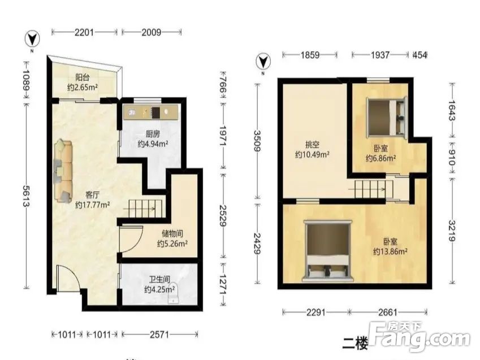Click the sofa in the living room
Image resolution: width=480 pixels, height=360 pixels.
click(63, 171)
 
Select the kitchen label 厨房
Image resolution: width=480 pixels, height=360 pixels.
click(153, 134)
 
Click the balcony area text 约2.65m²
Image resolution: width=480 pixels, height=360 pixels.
click(83, 88)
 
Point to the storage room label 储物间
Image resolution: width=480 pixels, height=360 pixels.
click(172, 234)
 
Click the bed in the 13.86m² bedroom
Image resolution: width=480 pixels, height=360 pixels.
click(327, 251)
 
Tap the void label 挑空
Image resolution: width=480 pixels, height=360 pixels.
click(312, 144)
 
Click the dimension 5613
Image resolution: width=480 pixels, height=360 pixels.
click(27, 196)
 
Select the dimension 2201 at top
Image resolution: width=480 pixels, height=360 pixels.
click(84, 32)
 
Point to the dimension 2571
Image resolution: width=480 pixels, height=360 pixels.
click(159, 335)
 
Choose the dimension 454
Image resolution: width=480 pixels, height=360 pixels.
click(420, 55)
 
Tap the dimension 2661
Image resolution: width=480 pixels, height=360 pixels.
click(388, 312)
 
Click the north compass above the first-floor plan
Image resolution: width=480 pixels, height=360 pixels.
click(32, 39)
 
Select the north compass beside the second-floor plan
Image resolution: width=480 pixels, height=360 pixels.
click(263, 61)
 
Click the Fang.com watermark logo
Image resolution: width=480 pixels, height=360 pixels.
click(419, 338)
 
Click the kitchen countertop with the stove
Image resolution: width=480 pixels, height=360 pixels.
click(150, 112)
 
